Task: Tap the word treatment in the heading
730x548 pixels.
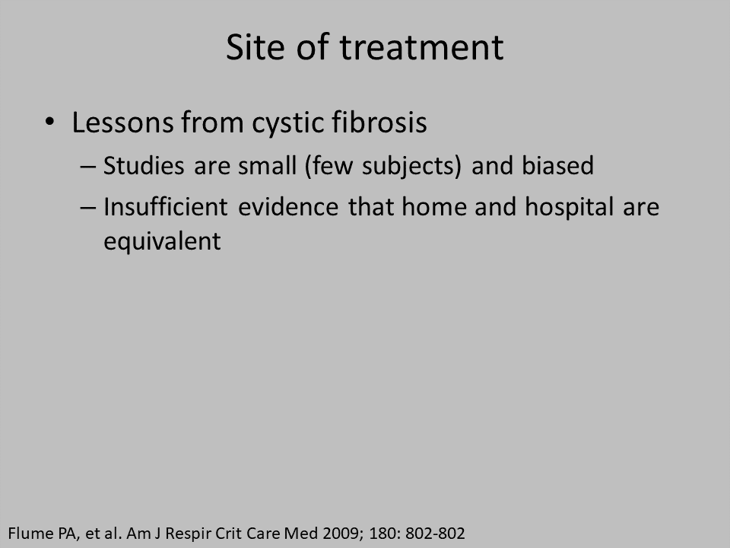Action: point(421,48)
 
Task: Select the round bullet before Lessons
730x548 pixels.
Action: point(50,122)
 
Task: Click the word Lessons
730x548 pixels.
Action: point(122,123)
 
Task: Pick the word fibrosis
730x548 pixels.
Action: point(379,122)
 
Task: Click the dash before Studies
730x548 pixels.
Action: point(88,167)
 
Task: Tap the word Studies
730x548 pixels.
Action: point(144,165)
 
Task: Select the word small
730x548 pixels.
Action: point(267,165)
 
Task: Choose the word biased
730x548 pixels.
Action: point(557,165)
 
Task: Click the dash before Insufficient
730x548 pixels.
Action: point(88,207)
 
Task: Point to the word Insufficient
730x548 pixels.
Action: point(166,206)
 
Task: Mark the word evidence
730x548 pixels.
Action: point(288,206)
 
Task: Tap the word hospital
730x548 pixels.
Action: point(570,207)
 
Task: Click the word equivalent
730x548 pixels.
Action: point(162,242)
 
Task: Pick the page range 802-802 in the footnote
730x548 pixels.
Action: point(435,533)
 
